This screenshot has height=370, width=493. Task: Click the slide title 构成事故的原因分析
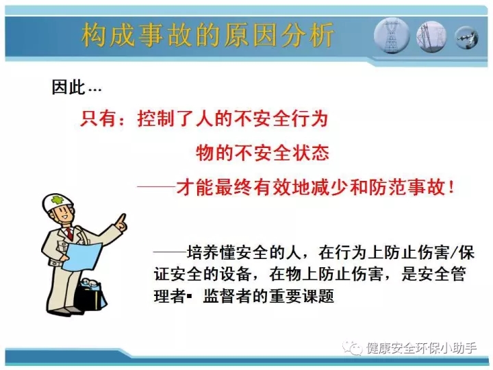[207, 35]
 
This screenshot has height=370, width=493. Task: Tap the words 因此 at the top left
[68, 87]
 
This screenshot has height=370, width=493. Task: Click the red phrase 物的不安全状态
[262, 153]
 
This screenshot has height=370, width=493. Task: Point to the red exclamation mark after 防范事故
[452, 188]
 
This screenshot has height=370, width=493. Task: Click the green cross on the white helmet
[57, 200]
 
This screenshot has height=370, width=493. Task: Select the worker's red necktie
[69, 234]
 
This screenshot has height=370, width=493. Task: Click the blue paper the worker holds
[82, 256]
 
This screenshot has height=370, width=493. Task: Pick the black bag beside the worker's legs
[91, 296]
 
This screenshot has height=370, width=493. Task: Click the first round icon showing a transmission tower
[392, 35]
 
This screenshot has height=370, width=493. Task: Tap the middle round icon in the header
[431, 36]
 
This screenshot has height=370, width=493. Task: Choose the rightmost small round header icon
[466, 38]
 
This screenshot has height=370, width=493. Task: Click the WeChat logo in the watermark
[352, 347]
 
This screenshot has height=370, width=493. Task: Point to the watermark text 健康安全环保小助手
[421, 348]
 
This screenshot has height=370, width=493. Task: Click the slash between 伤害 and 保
[454, 253]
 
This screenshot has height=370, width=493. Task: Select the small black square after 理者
[189, 296]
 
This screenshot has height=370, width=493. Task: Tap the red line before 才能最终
[156, 186]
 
